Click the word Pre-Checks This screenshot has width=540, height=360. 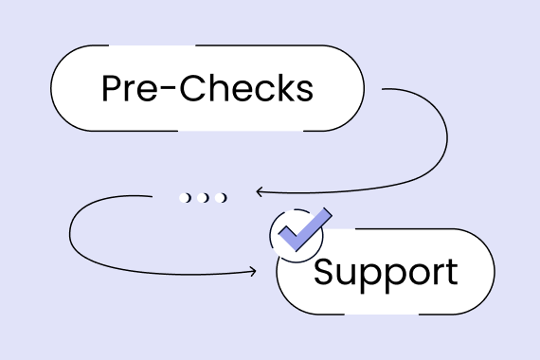coord(207,88)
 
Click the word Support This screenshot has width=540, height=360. coord(385,272)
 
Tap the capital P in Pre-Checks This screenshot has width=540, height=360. coord(112,88)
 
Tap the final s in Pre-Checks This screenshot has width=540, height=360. coord(303,91)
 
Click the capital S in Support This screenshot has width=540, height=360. coord(325,272)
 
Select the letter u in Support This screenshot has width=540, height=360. coord(348,275)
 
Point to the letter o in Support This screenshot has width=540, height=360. coord(413,275)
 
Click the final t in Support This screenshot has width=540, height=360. coord(450,273)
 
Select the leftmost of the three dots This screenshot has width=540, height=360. coord(185,197)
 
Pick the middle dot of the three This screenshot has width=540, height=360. coord(203,197)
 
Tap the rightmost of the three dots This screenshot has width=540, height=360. coord(221,197)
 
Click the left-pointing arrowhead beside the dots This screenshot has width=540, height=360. coord(258,192)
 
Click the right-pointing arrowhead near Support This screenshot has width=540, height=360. coord(252,273)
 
